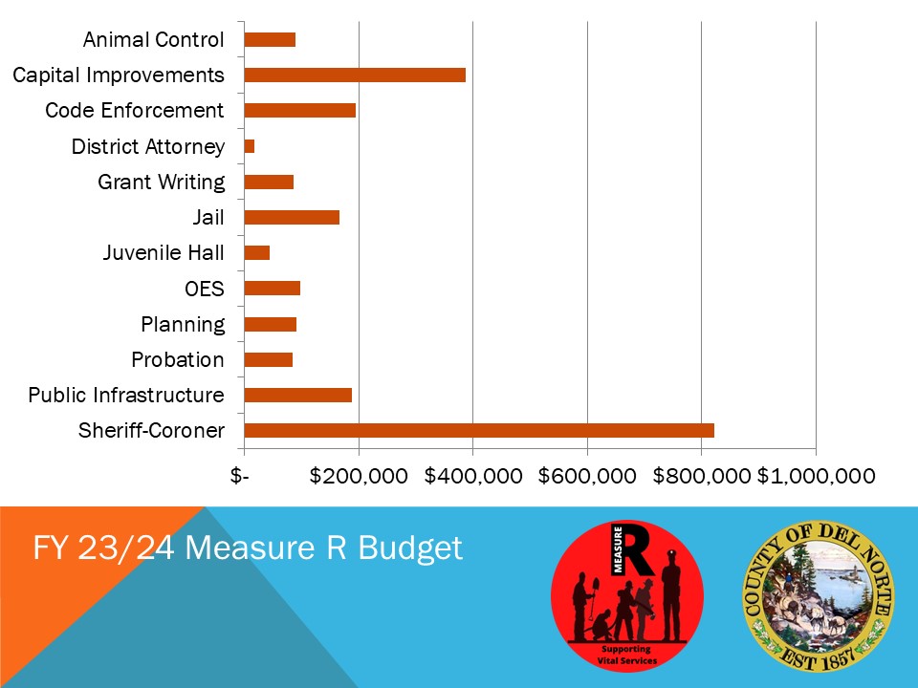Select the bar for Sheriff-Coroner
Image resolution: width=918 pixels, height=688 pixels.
click(x=479, y=431)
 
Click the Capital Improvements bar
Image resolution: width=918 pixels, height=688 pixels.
click(x=355, y=75)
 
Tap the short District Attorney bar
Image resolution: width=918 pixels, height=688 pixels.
click(x=250, y=146)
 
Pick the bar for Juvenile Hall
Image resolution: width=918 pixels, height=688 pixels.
click(x=257, y=252)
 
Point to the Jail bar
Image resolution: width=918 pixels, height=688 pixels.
click(x=292, y=217)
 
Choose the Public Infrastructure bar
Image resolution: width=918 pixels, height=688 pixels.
click(x=298, y=395)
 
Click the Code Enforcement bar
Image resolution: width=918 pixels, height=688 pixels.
click(x=299, y=111)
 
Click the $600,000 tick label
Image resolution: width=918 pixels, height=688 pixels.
click(x=586, y=476)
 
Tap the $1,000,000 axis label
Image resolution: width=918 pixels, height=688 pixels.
click(x=816, y=476)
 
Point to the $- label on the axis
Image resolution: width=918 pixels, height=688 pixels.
click(x=239, y=476)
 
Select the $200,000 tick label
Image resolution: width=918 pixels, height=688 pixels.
click(x=359, y=476)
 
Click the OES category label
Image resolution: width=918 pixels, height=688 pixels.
click(x=205, y=289)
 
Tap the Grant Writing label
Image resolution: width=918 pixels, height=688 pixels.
click(x=161, y=183)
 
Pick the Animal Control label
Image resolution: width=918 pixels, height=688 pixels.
click(x=153, y=40)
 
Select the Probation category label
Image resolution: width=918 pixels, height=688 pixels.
click(x=178, y=360)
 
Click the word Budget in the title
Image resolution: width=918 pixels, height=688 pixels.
click(x=410, y=549)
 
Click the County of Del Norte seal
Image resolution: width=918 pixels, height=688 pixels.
click(x=818, y=596)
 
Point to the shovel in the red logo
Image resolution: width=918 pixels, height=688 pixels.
click(x=594, y=596)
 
